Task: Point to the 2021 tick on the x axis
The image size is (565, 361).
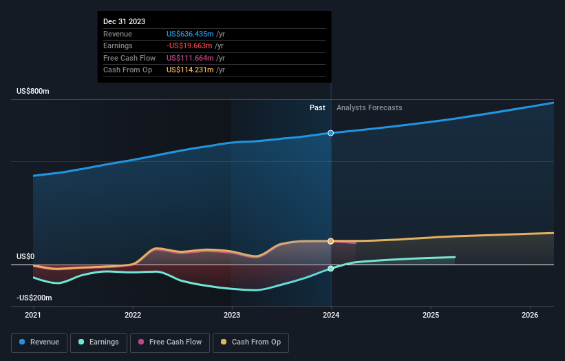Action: (33, 316)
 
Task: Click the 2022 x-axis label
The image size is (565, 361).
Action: (133, 316)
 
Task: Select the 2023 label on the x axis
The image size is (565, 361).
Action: (232, 316)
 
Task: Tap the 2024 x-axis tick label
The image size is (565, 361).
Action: (331, 316)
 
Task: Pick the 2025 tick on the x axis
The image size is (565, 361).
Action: (431, 316)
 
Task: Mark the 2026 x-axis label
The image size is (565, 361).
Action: (530, 316)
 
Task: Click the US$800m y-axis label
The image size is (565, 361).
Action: (33, 92)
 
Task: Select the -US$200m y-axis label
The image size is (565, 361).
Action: (35, 298)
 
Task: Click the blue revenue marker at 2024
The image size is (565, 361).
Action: (331, 132)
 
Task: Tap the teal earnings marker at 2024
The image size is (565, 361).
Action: (331, 269)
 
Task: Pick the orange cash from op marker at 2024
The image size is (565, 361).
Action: (331, 241)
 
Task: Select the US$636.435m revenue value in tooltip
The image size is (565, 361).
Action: (190, 34)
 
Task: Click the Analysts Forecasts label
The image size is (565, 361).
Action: (369, 107)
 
